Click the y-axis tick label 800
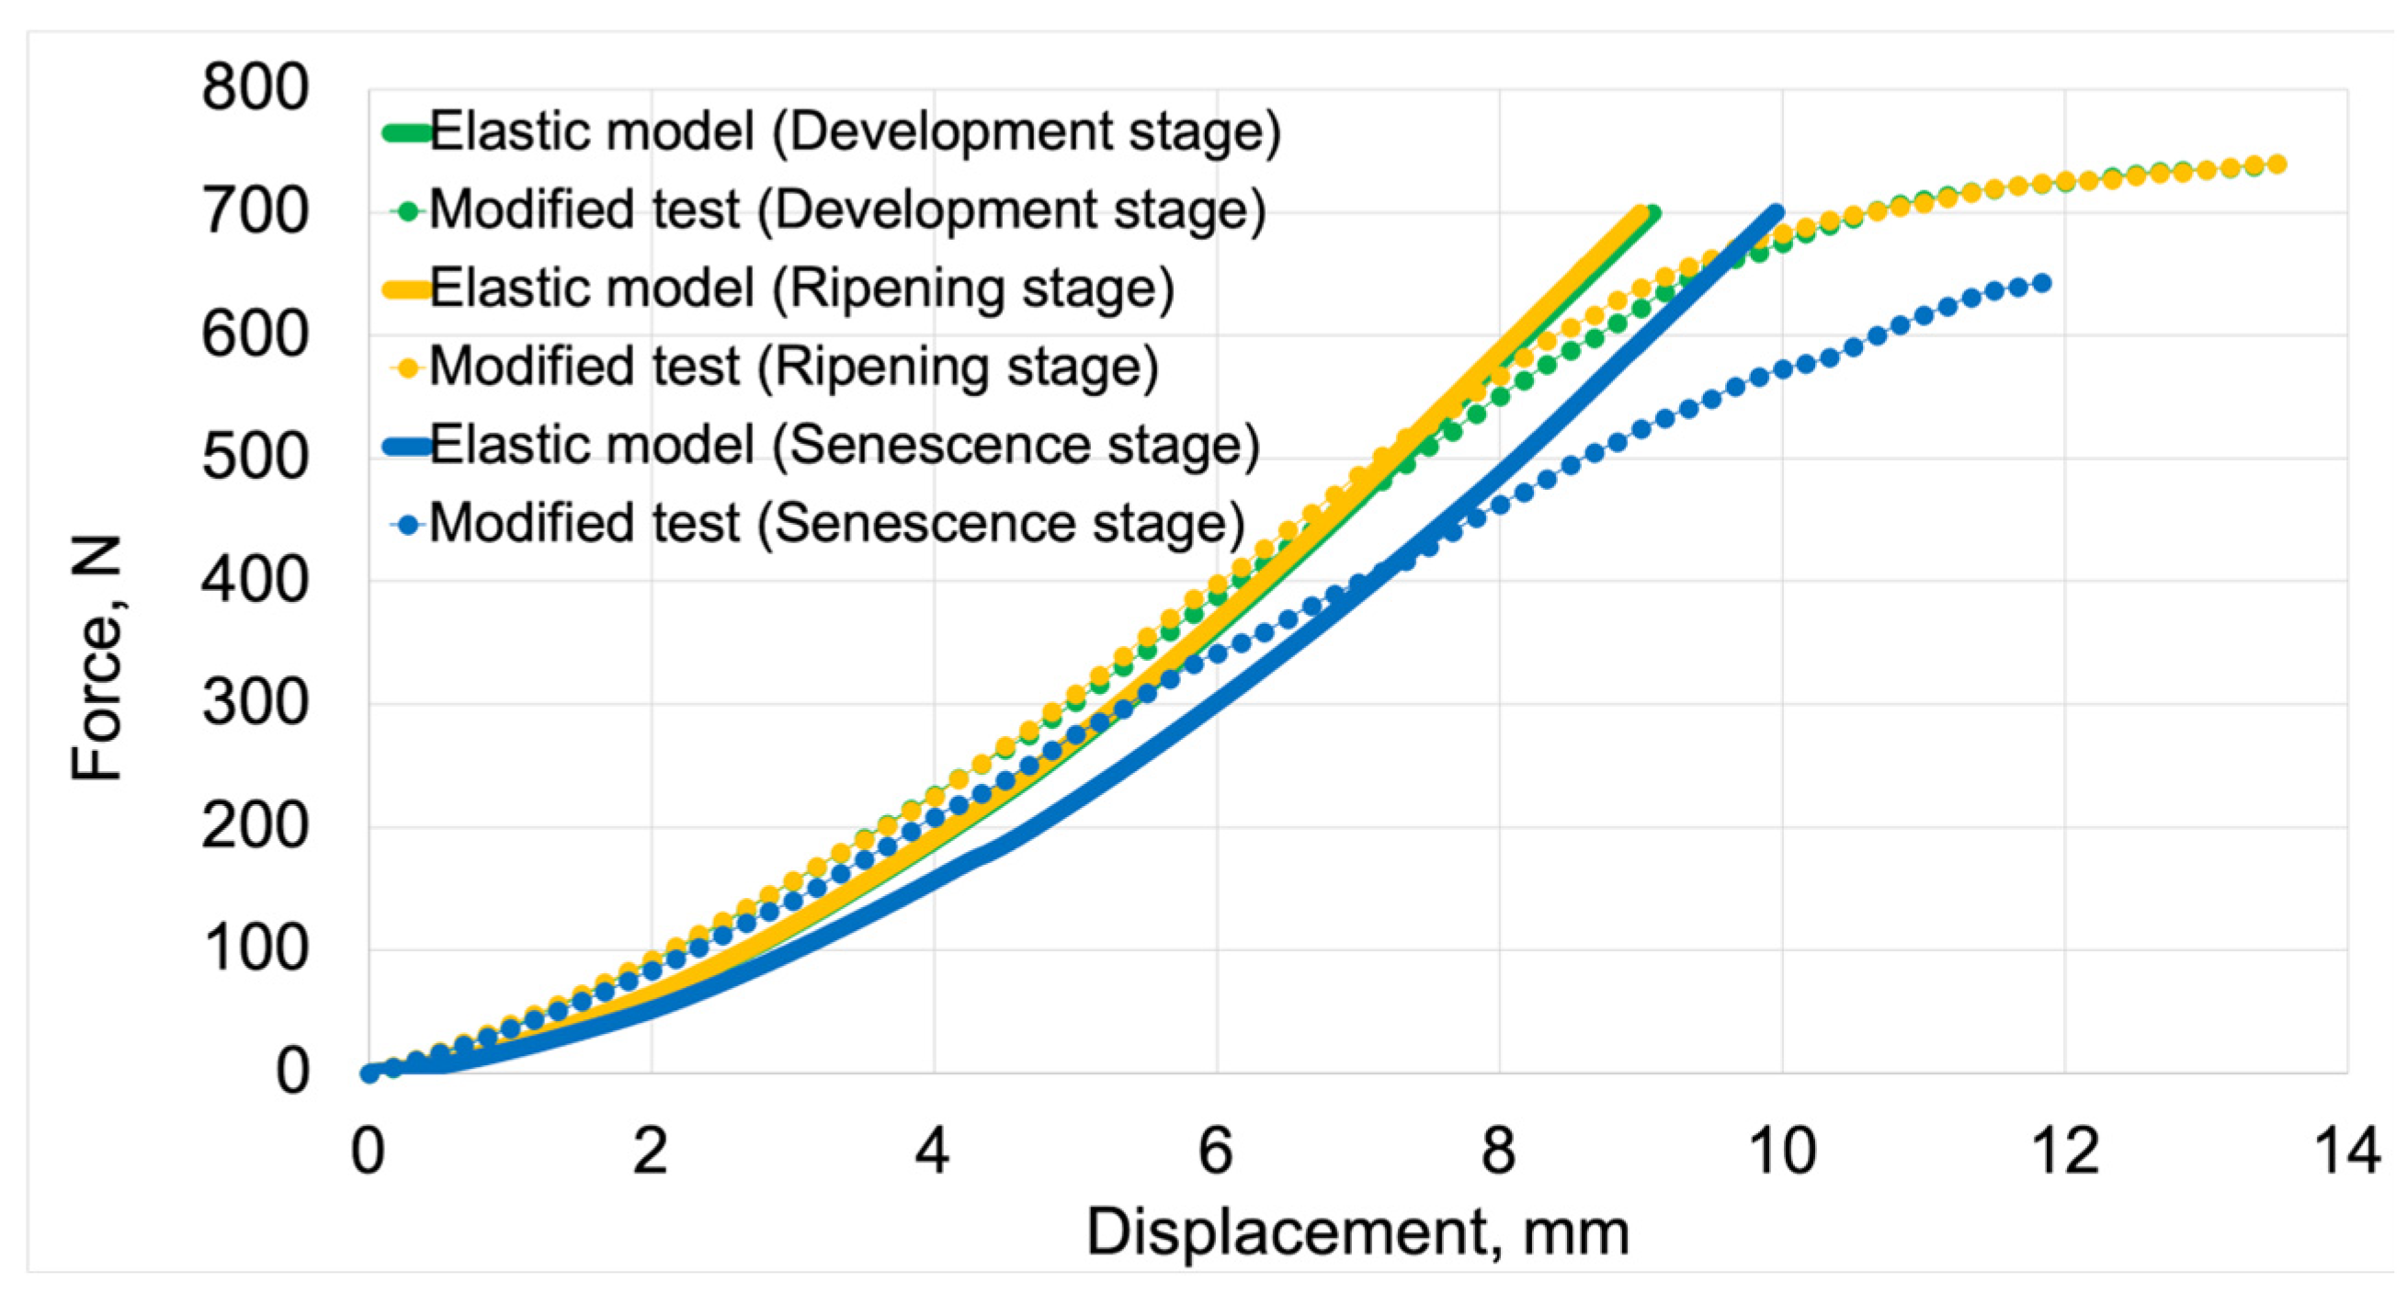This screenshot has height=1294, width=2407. click(x=255, y=89)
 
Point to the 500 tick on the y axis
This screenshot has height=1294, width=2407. click(x=255, y=458)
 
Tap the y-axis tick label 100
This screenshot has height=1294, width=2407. click(x=255, y=949)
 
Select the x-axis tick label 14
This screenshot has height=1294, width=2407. click(x=2346, y=1151)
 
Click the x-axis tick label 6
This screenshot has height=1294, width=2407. click(x=1216, y=1151)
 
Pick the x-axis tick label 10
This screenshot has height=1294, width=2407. click(x=1781, y=1151)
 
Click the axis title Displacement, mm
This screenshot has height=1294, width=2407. click(x=1357, y=1232)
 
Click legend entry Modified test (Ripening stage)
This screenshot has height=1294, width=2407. click(x=792, y=367)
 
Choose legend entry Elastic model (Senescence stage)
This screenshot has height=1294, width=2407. click(x=844, y=445)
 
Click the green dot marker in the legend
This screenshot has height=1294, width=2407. click(x=407, y=211)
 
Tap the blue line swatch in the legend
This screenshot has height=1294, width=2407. click(x=407, y=446)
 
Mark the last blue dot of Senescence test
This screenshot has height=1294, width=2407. click(x=2040, y=283)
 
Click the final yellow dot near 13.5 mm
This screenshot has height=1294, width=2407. click(x=2277, y=165)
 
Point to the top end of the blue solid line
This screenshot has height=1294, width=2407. click(x=1775, y=213)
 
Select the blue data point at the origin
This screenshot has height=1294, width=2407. click(x=370, y=1073)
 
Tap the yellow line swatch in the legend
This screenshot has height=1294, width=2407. click(x=407, y=289)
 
